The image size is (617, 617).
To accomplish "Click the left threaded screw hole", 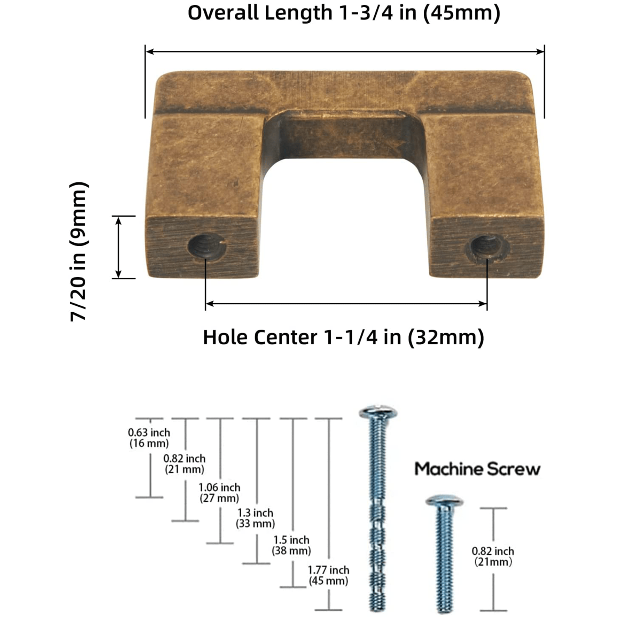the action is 206,247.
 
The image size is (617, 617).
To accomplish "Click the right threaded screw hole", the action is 487,247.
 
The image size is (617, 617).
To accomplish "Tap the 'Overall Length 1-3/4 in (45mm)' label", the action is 344,13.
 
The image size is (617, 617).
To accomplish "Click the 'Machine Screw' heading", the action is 477,469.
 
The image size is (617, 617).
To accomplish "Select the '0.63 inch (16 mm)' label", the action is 149,437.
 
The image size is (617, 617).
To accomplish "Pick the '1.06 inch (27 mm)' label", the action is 219,492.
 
